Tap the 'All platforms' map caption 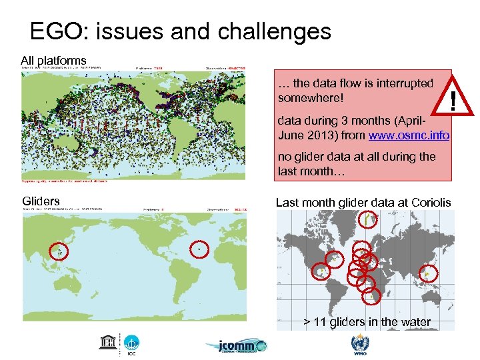[x=53, y=61]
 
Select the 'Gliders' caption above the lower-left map [x=41, y=201]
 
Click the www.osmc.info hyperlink [x=409, y=135]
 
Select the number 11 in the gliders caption [x=319, y=322]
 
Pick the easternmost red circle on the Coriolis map [x=429, y=273]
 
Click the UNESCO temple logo [x=107, y=342]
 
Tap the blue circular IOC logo [x=131, y=343]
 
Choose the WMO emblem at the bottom [x=357, y=343]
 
